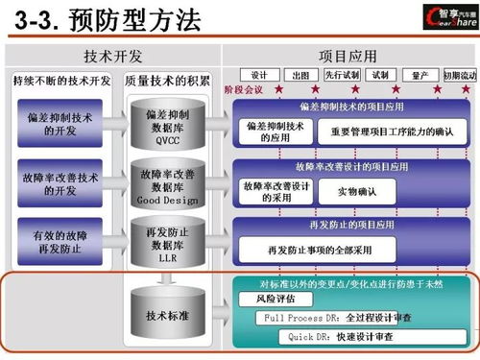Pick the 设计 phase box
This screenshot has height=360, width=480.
[258, 74]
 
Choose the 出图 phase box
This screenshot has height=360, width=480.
[300, 74]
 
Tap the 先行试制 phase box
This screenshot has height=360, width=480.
[340, 74]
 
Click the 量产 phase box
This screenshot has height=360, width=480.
[419, 74]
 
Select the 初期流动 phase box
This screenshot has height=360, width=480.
[459, 74]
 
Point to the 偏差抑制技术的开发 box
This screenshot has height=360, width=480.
[60, 123]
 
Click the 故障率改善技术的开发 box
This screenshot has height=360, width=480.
[60, 184]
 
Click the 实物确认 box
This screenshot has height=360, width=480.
[356, 192]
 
